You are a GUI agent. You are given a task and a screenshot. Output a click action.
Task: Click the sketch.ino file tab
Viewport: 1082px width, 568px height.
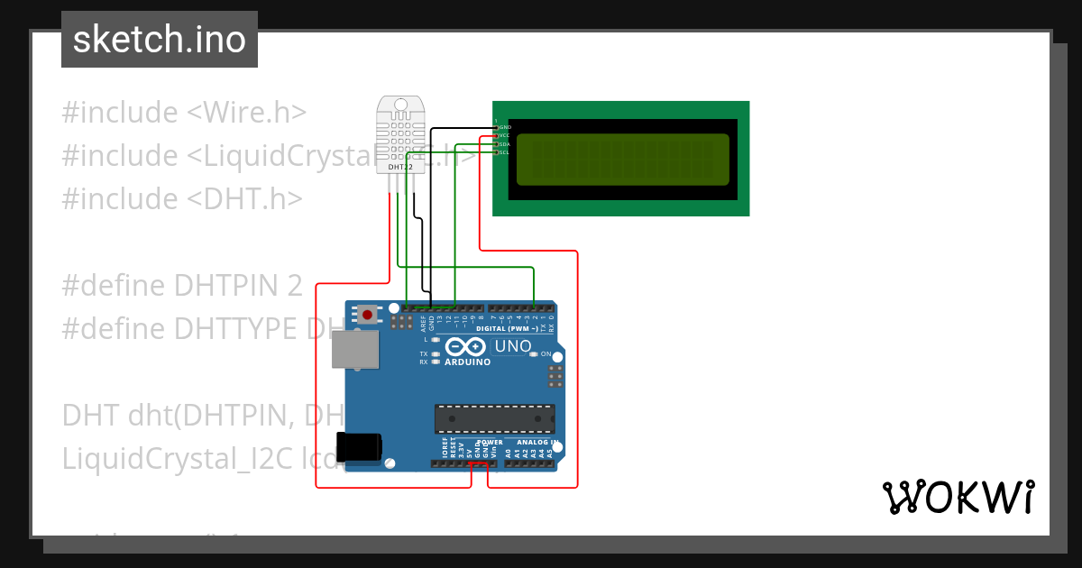[x=160, y=40]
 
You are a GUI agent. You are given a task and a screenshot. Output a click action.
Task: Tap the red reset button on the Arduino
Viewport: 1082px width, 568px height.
[x=368, y=315]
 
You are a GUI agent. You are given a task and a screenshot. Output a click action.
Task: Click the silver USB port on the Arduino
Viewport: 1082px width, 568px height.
[x=355, y=349]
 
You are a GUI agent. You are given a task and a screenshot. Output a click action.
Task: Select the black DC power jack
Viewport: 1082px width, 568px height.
[x=358, y=447]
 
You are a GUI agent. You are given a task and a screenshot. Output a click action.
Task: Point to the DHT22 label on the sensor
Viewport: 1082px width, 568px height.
[x=400, y=167]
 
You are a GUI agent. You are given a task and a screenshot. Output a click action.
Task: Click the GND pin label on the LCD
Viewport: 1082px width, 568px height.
[x=505, y=127]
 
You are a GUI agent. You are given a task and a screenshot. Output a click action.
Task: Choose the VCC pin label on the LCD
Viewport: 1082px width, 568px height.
[x=505, y=135]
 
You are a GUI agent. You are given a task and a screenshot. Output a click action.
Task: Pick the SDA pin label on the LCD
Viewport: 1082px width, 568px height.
[x=505, y=144]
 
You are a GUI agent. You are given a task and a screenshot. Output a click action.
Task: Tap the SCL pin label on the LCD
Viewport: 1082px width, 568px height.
[x=505, y=152]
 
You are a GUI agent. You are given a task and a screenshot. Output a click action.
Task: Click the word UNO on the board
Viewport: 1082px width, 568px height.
[x=512, y=346]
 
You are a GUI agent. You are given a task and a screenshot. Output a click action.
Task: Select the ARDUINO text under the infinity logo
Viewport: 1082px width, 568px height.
[x=468, y=362]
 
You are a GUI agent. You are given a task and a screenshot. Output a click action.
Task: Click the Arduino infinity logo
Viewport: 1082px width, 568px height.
[x=466, y=347]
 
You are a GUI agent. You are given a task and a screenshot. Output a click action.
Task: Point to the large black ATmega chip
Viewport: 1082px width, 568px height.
[x=494, y=419]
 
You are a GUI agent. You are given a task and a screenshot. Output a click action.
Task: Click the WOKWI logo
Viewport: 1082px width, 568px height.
[x=958, y=497]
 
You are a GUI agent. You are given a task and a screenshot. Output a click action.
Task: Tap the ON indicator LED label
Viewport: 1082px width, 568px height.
[x=546, y=354]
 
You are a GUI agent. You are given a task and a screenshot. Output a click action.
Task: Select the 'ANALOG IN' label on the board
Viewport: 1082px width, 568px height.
[x=538, y=443]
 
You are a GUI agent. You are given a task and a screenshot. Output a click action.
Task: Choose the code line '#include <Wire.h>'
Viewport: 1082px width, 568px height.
[x=184, y=113]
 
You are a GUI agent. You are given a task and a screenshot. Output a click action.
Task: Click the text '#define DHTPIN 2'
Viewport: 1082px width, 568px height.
[x=181, y=286]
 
